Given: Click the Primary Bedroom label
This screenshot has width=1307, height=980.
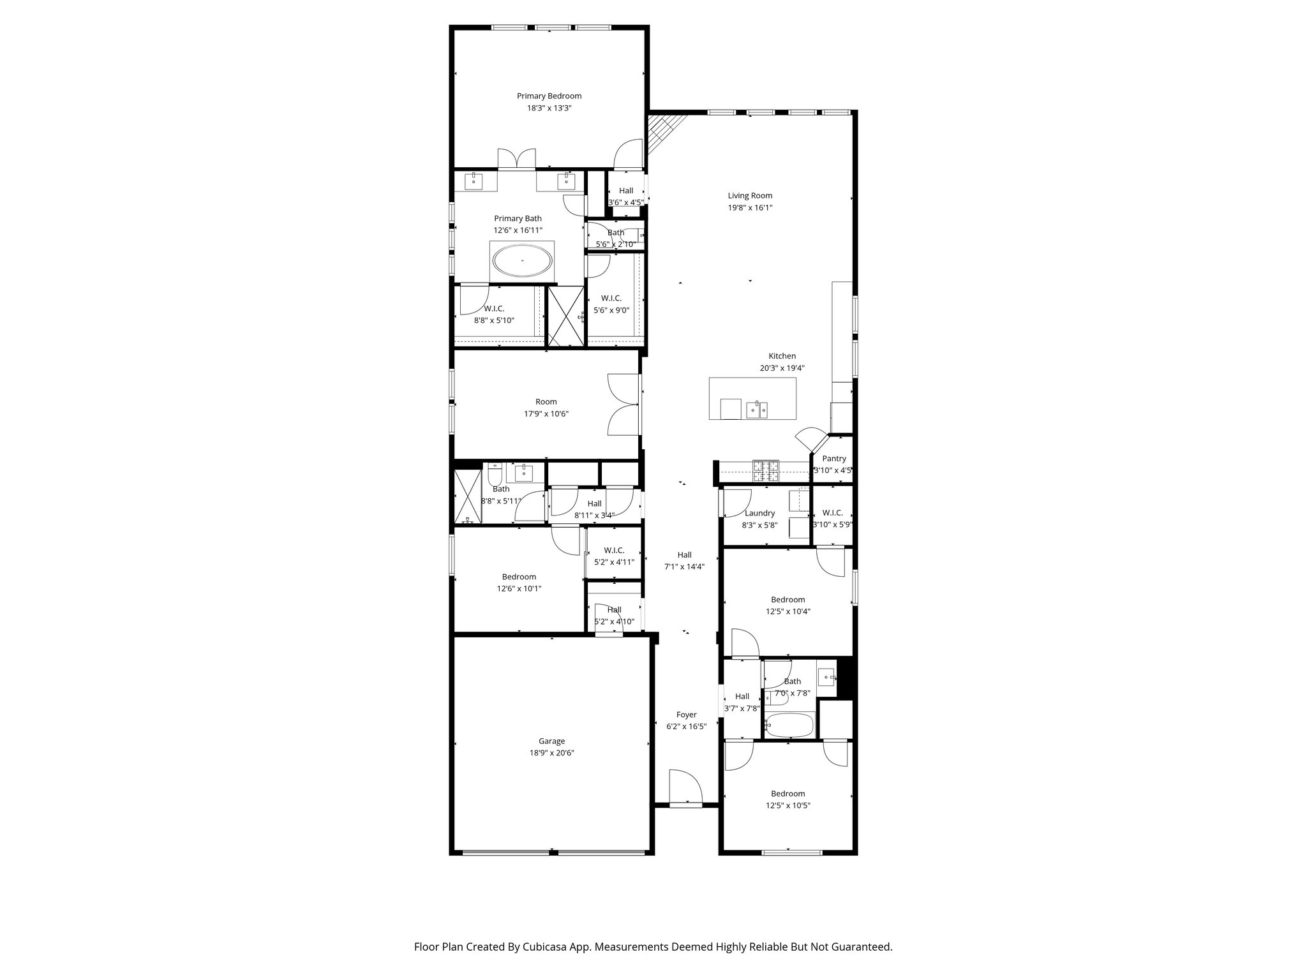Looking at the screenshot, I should (549, 96).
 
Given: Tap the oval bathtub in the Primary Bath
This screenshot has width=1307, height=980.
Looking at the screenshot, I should (523, 261).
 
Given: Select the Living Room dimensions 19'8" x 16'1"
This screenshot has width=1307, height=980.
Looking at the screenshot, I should (750, 207).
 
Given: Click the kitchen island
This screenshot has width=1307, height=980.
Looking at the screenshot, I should (752, 398).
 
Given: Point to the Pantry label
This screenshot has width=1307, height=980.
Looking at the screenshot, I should (833, 459).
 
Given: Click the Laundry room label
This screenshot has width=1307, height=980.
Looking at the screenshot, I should (759, 513).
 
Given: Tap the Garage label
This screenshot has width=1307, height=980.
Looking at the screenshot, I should (551, 741).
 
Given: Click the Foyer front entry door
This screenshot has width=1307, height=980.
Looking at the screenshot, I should (684, 788).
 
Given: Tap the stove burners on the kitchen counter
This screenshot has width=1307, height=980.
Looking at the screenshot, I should (766, 471).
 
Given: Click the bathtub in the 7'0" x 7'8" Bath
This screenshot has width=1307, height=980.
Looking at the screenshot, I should (789, 725).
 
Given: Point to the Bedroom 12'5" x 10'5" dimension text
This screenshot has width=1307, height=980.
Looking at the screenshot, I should (788, 805).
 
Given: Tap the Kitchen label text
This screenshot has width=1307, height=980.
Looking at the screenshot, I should (782, 356).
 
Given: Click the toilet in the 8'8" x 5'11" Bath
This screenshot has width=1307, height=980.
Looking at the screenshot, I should (495, 474).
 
